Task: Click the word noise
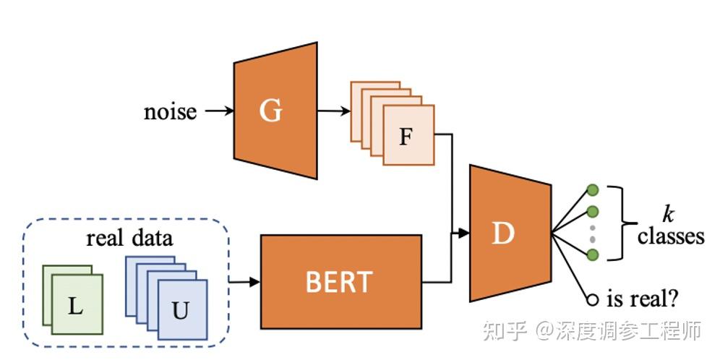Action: [x=170, y=111]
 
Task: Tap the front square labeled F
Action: [x=408, y=136]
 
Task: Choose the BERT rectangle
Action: [x=339, y=281]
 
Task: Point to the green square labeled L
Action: [x=77, y=304]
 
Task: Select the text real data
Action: [x=129, y=238]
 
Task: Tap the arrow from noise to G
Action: [x=218, y=111]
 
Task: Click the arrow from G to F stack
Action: [x=333, y=111]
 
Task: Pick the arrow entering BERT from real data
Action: [x=244, y=281]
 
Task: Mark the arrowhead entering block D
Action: [x=463, y=233]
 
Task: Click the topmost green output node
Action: [x=593, y=190]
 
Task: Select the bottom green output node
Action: [x=593, y=254]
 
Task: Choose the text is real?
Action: [x=641, y=297]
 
